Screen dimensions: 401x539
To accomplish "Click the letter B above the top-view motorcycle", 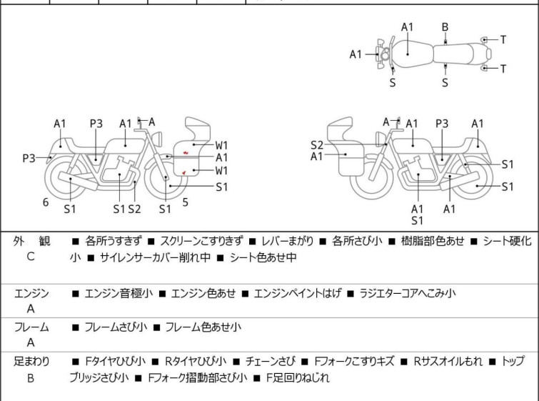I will coord(445,27).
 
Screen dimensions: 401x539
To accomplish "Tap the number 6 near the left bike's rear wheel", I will coord(46,202).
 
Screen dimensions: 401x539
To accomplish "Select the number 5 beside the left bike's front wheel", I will coord(185,202).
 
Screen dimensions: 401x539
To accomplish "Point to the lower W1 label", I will coord(222,171).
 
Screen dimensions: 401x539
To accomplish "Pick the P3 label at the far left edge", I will coord(29,158).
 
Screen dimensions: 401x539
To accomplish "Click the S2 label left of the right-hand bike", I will coord(317,144).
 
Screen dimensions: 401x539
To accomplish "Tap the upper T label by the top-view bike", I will coord(503,40).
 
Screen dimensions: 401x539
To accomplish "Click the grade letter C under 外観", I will coord(30,257).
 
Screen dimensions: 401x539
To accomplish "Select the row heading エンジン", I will coord(31,293).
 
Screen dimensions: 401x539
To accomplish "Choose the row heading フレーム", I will coord(31,327).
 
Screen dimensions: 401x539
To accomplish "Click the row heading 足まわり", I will coord(31,362).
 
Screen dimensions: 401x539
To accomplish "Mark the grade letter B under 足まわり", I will coord(31,378).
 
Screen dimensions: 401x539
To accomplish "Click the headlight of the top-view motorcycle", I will coord(384,54).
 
